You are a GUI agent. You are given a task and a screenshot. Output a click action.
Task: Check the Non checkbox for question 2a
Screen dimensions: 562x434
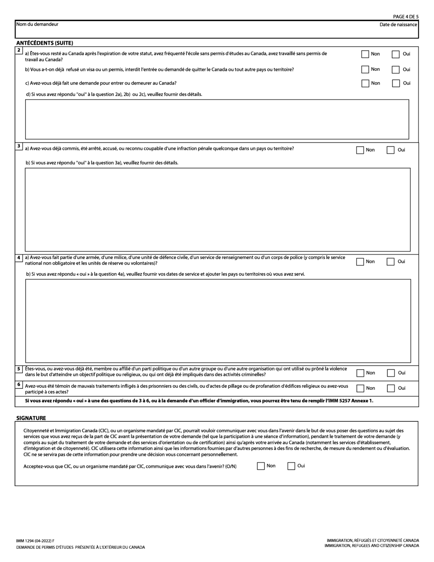coord(365,54)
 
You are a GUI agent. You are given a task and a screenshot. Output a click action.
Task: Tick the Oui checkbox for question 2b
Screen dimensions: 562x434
coord(396,69)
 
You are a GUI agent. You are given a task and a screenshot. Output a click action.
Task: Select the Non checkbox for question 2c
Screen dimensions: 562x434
coord(365,83)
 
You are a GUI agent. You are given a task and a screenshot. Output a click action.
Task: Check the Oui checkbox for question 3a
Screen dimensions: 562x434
coord(391,150)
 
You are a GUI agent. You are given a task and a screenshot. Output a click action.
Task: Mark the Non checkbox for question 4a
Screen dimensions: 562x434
coord(360,262)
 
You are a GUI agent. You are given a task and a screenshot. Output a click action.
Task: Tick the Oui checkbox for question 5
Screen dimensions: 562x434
coord(391,373)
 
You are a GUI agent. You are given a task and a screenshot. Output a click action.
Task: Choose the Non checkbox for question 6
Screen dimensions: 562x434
coord(360,388)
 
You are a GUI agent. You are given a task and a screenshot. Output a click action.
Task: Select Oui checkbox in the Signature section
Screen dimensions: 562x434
coord(291,466)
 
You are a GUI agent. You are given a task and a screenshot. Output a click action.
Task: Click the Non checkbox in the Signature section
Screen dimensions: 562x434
coord(261,466)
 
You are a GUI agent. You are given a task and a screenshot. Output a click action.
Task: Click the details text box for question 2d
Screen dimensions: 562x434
coord(217,119)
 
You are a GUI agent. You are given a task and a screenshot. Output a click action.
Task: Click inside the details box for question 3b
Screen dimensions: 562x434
coord(217,209)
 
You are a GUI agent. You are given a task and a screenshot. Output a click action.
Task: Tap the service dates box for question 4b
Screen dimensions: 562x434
coord(218,320)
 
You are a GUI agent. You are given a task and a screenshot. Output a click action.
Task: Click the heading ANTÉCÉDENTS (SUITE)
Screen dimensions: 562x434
coord(45,43)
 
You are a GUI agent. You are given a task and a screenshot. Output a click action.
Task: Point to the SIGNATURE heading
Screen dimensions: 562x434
coord(31,418)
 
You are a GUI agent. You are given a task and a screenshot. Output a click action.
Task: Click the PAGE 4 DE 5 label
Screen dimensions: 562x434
coord(406,17)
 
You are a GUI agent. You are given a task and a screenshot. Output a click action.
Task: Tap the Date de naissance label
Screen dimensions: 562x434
coord(398,25)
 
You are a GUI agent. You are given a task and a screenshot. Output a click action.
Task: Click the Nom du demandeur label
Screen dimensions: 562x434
coord(37,24)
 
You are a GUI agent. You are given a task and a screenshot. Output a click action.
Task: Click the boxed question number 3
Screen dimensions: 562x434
coord(19,146)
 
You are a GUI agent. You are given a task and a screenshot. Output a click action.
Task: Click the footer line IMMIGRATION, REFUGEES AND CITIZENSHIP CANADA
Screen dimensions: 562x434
coord(371,546)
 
